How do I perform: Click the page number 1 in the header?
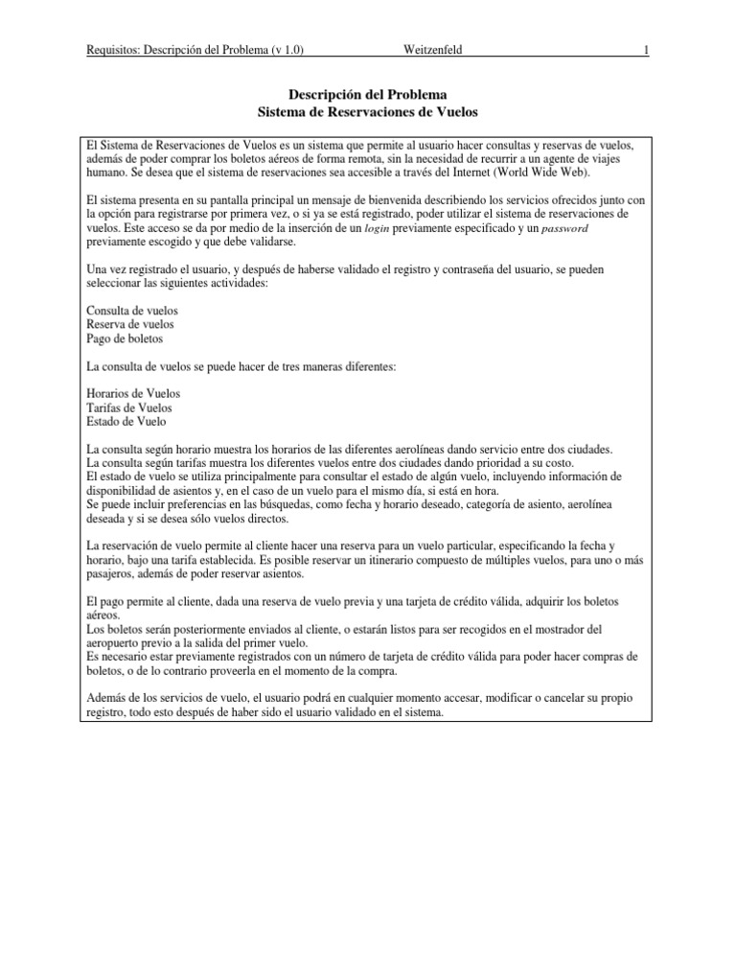click(x=647, y=49)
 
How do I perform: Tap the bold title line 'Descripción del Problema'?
click(x=368, y=95)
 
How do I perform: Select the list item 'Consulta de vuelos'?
click(x=131, y=312)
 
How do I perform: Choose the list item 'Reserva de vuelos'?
click(x=131, y=325)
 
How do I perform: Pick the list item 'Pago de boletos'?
click(x=125, y=338)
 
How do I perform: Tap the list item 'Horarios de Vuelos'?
click(x=133, y=394)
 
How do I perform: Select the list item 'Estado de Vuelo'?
click(x=126, y=421)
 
